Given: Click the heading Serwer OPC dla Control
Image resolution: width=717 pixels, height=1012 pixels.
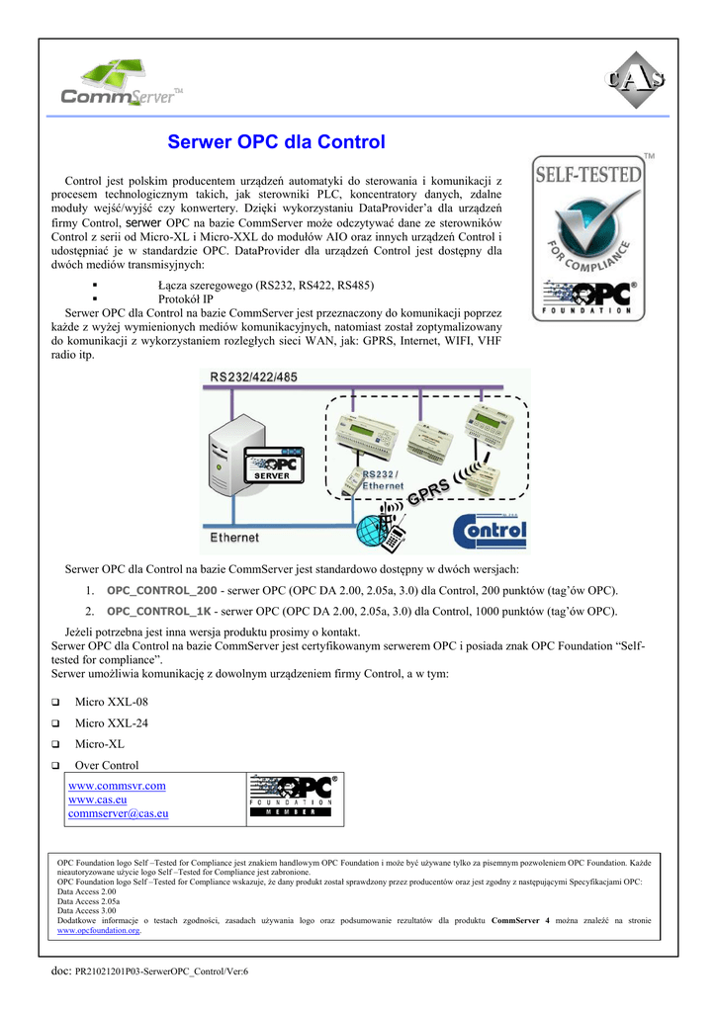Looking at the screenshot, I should coord(276,142).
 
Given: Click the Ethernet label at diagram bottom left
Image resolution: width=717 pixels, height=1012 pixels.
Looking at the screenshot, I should coord(234,538).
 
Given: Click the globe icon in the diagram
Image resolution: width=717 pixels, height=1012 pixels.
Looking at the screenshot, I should coord(377,529).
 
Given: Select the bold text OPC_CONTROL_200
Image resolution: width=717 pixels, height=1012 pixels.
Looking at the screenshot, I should coord(161,591).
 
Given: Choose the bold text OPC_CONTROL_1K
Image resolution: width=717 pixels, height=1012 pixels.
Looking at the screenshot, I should coord(158,611).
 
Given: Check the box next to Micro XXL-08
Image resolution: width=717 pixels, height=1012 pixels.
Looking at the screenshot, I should coord(56,703).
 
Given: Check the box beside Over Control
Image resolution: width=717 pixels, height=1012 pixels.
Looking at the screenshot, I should coord(56,766).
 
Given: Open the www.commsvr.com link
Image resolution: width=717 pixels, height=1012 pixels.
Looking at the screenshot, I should coord(117,786).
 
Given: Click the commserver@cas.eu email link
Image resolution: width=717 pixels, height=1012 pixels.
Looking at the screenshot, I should coord(118,813).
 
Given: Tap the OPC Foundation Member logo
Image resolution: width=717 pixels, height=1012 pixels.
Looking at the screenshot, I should coord(294,798).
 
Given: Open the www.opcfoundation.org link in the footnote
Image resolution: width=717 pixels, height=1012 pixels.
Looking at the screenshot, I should coord(99,930).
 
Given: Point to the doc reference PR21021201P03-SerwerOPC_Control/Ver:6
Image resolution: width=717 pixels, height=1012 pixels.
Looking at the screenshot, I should coord(162,971).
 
